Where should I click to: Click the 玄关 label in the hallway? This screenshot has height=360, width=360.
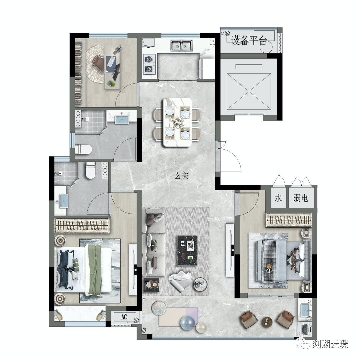point(182,176)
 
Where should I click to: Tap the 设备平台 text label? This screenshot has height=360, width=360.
point(249,41)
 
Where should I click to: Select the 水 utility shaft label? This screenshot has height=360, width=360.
point(278,198)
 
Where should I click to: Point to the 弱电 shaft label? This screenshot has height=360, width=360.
point(301,198)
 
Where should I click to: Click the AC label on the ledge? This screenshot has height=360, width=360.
point(124,317)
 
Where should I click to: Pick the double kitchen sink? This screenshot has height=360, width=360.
point(181,45)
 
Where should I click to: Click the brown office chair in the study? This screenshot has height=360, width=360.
point(99,63)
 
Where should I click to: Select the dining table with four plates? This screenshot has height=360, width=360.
point(177,122)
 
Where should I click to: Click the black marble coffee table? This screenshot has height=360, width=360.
point(188,250)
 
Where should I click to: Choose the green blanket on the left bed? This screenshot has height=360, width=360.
point(94,270)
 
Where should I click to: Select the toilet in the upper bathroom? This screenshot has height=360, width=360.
point(83,149)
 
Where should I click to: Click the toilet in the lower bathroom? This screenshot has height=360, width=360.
point(90,170)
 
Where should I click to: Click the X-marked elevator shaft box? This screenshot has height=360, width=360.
point(249,92)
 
